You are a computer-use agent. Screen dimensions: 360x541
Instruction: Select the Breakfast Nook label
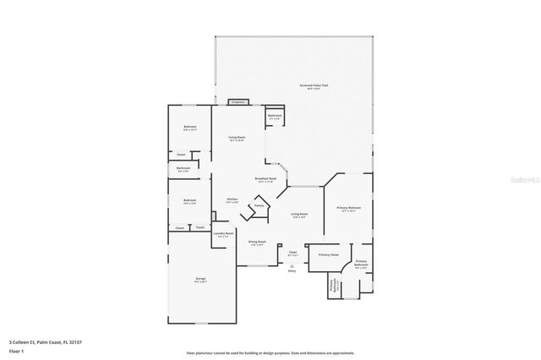pos(266,179)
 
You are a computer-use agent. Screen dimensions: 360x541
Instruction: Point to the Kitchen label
pos(232,200)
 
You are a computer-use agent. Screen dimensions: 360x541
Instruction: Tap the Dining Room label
pos(257,242)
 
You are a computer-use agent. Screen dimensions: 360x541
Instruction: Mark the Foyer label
pos(292,252)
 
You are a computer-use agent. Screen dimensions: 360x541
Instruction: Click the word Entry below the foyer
pos(292,270)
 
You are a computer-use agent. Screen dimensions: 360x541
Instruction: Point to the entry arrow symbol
pos(292,264)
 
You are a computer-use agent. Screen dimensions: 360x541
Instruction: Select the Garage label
pos(202,278)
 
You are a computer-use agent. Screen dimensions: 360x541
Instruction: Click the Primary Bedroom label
pos(349,208)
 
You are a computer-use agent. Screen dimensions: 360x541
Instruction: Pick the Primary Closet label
pos(328,254)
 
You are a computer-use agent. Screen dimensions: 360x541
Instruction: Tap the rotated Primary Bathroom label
pos(334,286)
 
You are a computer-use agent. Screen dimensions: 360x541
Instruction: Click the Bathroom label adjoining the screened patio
pos(274,116)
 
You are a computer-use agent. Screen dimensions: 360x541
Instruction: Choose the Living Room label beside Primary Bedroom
pos(299,215)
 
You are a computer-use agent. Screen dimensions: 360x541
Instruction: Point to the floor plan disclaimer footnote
pos(270,353)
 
